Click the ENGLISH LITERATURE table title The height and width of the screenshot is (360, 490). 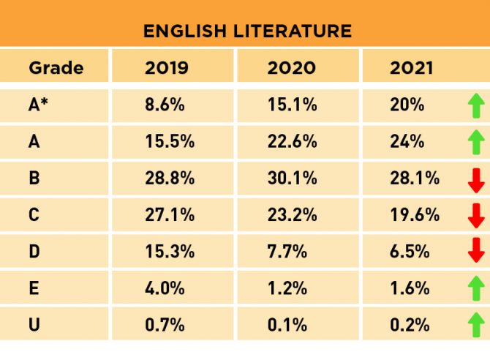247,31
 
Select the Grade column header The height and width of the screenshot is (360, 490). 56,69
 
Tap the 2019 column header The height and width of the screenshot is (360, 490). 167,69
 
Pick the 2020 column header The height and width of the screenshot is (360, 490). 292,69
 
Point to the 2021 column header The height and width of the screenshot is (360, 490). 412,69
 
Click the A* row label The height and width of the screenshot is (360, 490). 38,105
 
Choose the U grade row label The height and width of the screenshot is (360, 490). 34,324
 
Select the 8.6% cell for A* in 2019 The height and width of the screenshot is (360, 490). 165,105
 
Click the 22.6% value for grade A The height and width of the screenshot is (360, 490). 293,141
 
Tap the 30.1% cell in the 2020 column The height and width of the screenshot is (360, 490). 293,178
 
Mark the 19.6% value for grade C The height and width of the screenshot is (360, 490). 415,214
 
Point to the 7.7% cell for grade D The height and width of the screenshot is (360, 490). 287,251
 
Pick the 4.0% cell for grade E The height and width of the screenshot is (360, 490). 165,288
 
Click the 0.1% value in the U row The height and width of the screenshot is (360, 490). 287,324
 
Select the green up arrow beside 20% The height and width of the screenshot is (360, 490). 476,105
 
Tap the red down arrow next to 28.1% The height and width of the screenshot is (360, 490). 476,179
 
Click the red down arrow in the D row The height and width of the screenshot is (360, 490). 476,250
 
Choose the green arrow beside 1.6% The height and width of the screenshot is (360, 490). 476,288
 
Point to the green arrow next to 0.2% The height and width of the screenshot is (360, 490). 476,323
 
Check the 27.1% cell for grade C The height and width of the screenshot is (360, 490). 170,214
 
